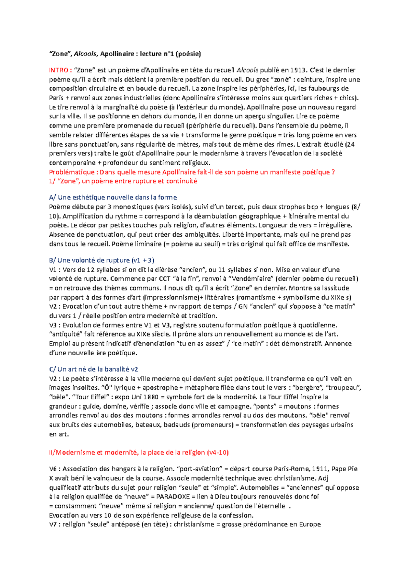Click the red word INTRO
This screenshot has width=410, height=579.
[59, 70]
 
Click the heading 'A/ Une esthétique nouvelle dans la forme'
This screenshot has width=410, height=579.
[113, 197]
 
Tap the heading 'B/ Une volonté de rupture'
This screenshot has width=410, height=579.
[101, 260]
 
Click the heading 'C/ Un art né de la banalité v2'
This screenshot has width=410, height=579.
[93, 369]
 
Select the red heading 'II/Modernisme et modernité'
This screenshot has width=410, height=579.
[138, 452]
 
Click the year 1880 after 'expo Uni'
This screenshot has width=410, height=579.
[151, 397]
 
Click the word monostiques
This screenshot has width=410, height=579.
[133, 207]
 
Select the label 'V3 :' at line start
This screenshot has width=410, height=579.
[55, 325]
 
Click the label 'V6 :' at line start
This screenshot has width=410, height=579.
[55, 469]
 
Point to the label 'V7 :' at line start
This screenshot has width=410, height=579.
[55, 524]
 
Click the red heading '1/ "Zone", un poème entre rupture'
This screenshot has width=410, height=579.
[123, 181]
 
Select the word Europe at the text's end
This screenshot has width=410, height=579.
[310, 524]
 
